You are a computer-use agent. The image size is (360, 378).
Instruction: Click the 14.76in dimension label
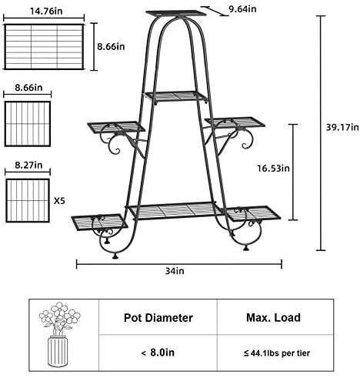[x=46, y=12]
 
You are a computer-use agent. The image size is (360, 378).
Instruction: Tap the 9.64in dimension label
[x=242, y=9]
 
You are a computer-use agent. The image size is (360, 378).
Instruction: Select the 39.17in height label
[x=342, y=127]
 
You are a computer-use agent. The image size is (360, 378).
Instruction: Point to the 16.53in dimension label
[x=273, y=169]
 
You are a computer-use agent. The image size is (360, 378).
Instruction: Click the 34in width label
[x=175, y=271]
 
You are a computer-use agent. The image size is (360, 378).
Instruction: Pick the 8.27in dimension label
[x=28, y=165]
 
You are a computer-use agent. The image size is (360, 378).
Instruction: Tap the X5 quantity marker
[x=59, y=201]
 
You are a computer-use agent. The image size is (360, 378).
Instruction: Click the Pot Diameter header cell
[x=158, y=318]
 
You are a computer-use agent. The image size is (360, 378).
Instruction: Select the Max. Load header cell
[x=273, y=318]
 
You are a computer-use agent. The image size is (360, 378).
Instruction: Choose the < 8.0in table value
[x=158, y=353]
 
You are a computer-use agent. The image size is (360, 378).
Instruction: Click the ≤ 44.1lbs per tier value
[x=277, y=353]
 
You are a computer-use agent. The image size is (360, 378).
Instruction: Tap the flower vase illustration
[x=59, y=334]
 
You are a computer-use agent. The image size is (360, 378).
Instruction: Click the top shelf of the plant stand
[x=176, y=13]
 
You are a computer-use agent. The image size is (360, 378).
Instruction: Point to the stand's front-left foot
[x=115, y=256]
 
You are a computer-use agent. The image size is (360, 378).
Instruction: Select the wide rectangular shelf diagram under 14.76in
[x=44, y=47]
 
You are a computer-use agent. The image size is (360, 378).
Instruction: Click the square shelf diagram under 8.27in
[x=28, y=200]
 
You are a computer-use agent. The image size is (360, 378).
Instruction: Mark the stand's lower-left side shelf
[x=99, y=222]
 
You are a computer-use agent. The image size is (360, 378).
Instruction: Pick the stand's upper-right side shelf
[x=235, y=122]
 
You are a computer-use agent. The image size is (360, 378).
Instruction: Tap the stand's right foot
[x=246, y=248]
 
